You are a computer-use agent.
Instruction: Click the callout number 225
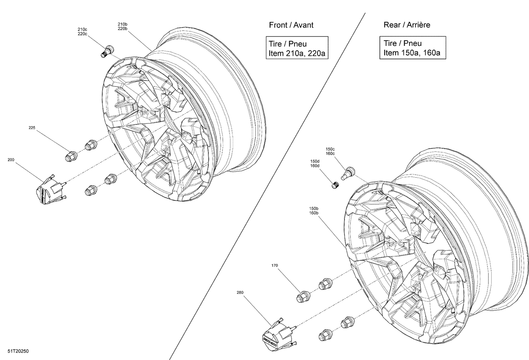pyautogui.click(x=32, y=128)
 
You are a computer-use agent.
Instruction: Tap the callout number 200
pyautogui.click(x=11, y=160)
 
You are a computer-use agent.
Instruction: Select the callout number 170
pyautogui.click(x=275, y=265)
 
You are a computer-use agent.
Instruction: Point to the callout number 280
pyautogui.click(x=240, y=292)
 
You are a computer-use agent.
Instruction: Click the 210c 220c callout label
pyautogui.click(x=83, y=31)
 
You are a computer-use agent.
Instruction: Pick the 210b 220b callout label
pyautogui.click(x=122, y=26)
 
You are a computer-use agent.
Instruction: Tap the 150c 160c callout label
pyautogui.click(x=330, y=151)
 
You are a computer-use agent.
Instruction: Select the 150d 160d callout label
pyautogui.click(x=315, y=163)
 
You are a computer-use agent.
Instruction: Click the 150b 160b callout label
pyautogui.click(x=312, y=211)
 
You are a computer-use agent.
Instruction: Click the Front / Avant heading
pyautogui.click(x=291, y=25)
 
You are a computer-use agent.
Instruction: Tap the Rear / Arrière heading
pyautogui.click(x=407, y=25)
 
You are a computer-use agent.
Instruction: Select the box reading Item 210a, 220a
pyautogui.click(x=297, y=49)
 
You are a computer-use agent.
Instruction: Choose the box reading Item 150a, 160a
pyautogui.click(x=412, y=48)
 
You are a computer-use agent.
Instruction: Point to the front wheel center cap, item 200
pyautogui.click(x=50, y=191)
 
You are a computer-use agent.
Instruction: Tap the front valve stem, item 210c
pyautogui.click(x=107, y=51)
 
